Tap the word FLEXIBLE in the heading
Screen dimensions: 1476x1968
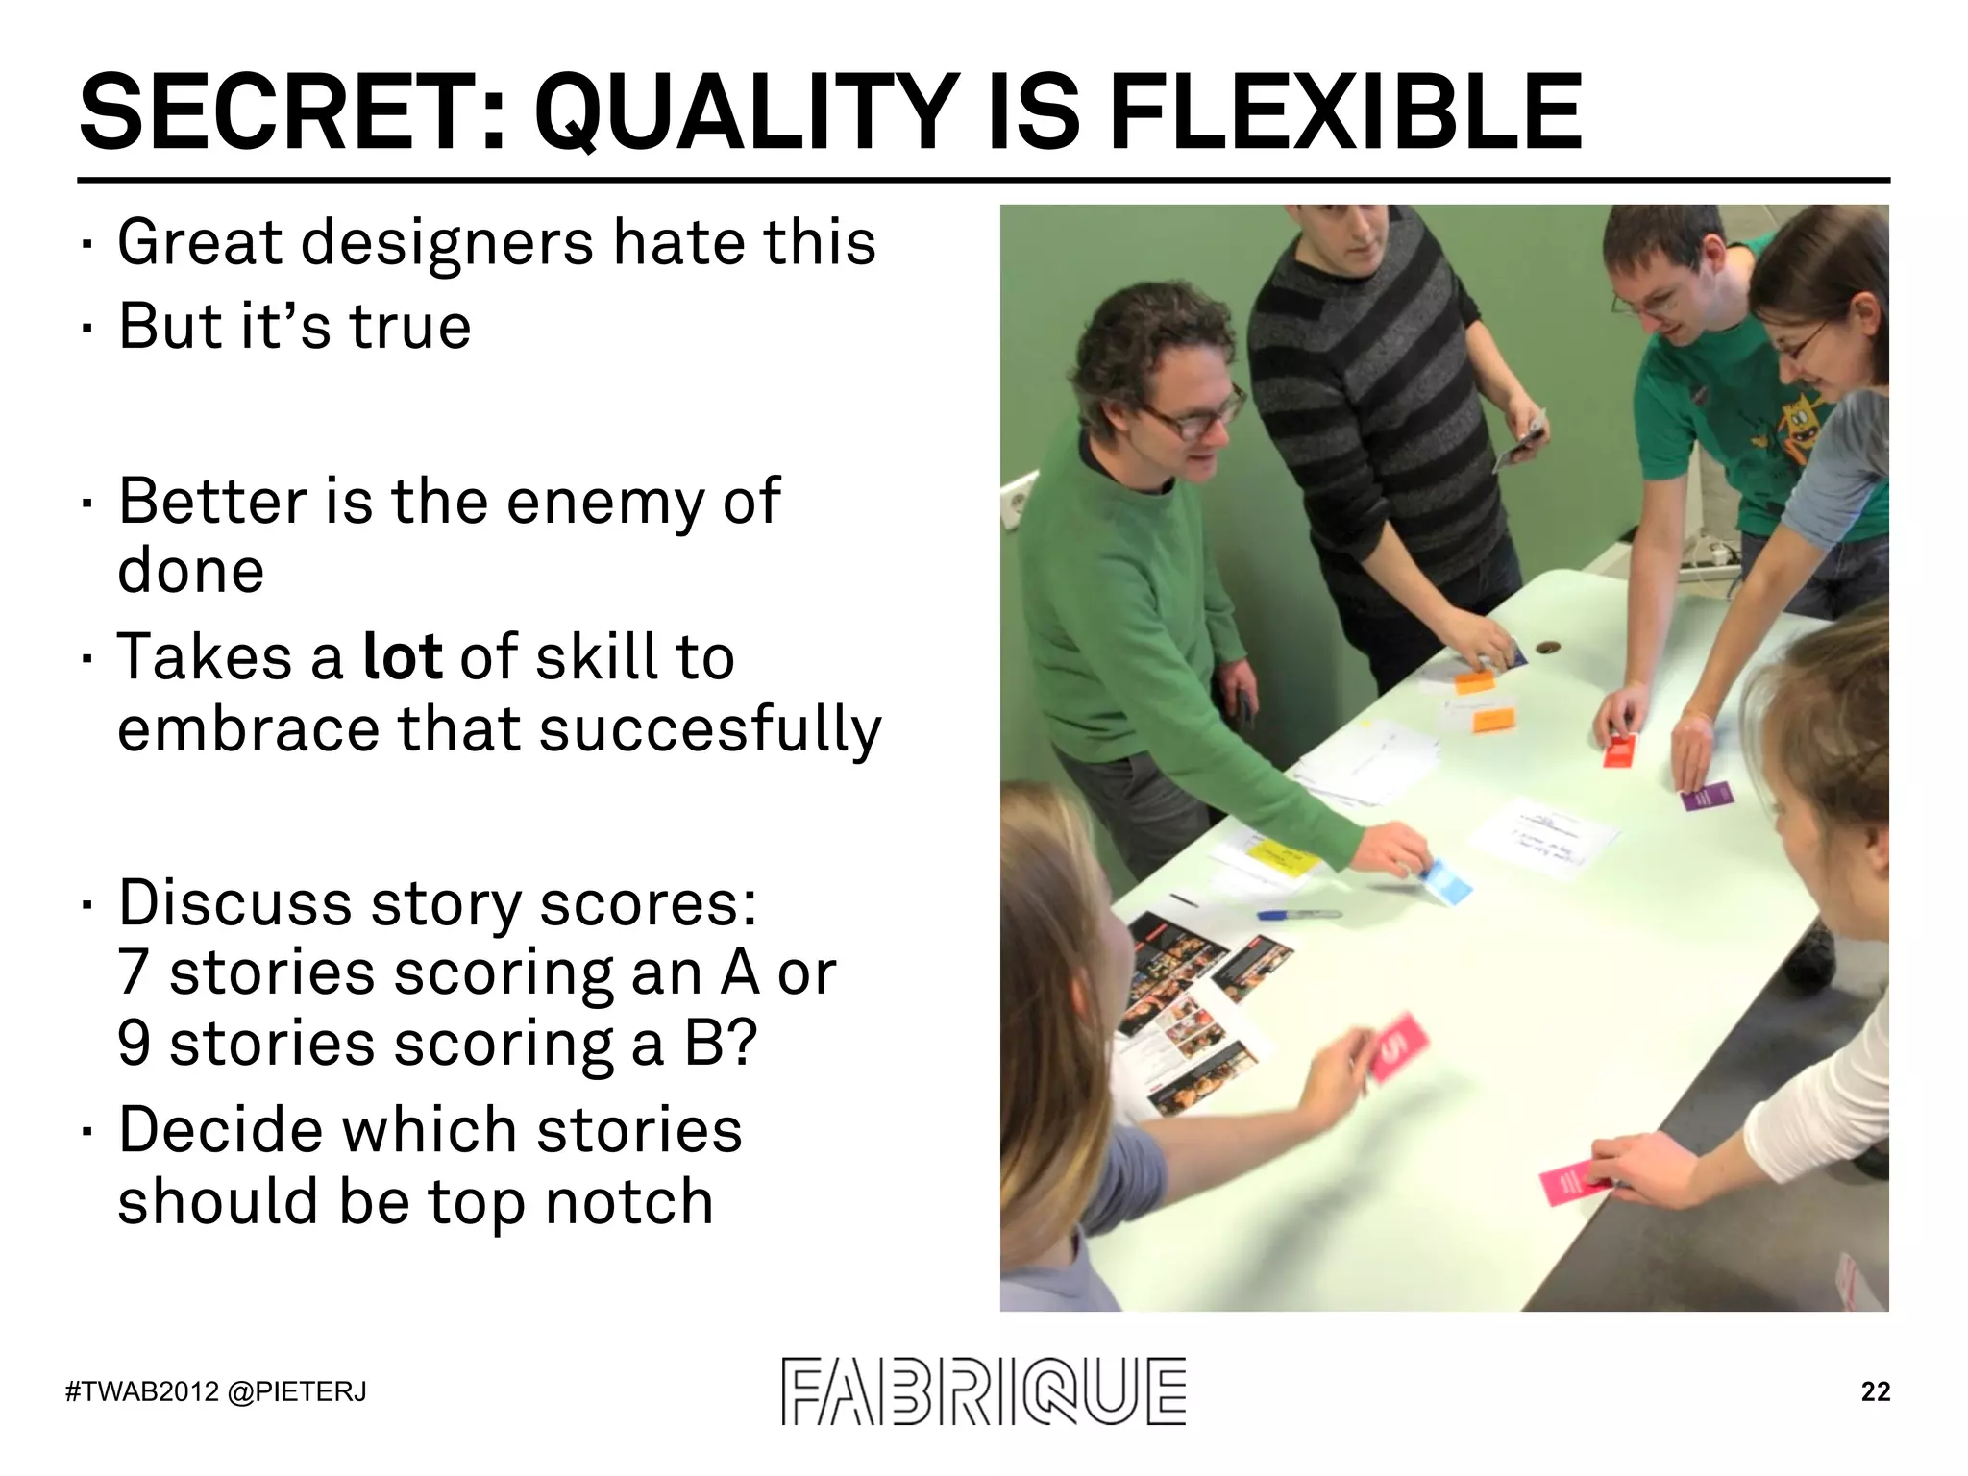pos(1345,112)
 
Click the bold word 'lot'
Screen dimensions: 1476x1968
pos(402,657)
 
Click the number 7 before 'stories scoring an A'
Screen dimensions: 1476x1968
pos(134,972)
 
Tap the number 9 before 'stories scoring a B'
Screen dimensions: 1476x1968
pos(135,1044)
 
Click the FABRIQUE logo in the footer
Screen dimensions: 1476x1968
pos(983,1391)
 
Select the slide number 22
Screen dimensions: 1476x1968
pos(1875,1391)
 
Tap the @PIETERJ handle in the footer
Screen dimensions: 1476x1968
pos(297,1392)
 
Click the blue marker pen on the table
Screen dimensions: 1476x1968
pos(1297,914)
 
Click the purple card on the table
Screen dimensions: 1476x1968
pos(1707,796)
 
